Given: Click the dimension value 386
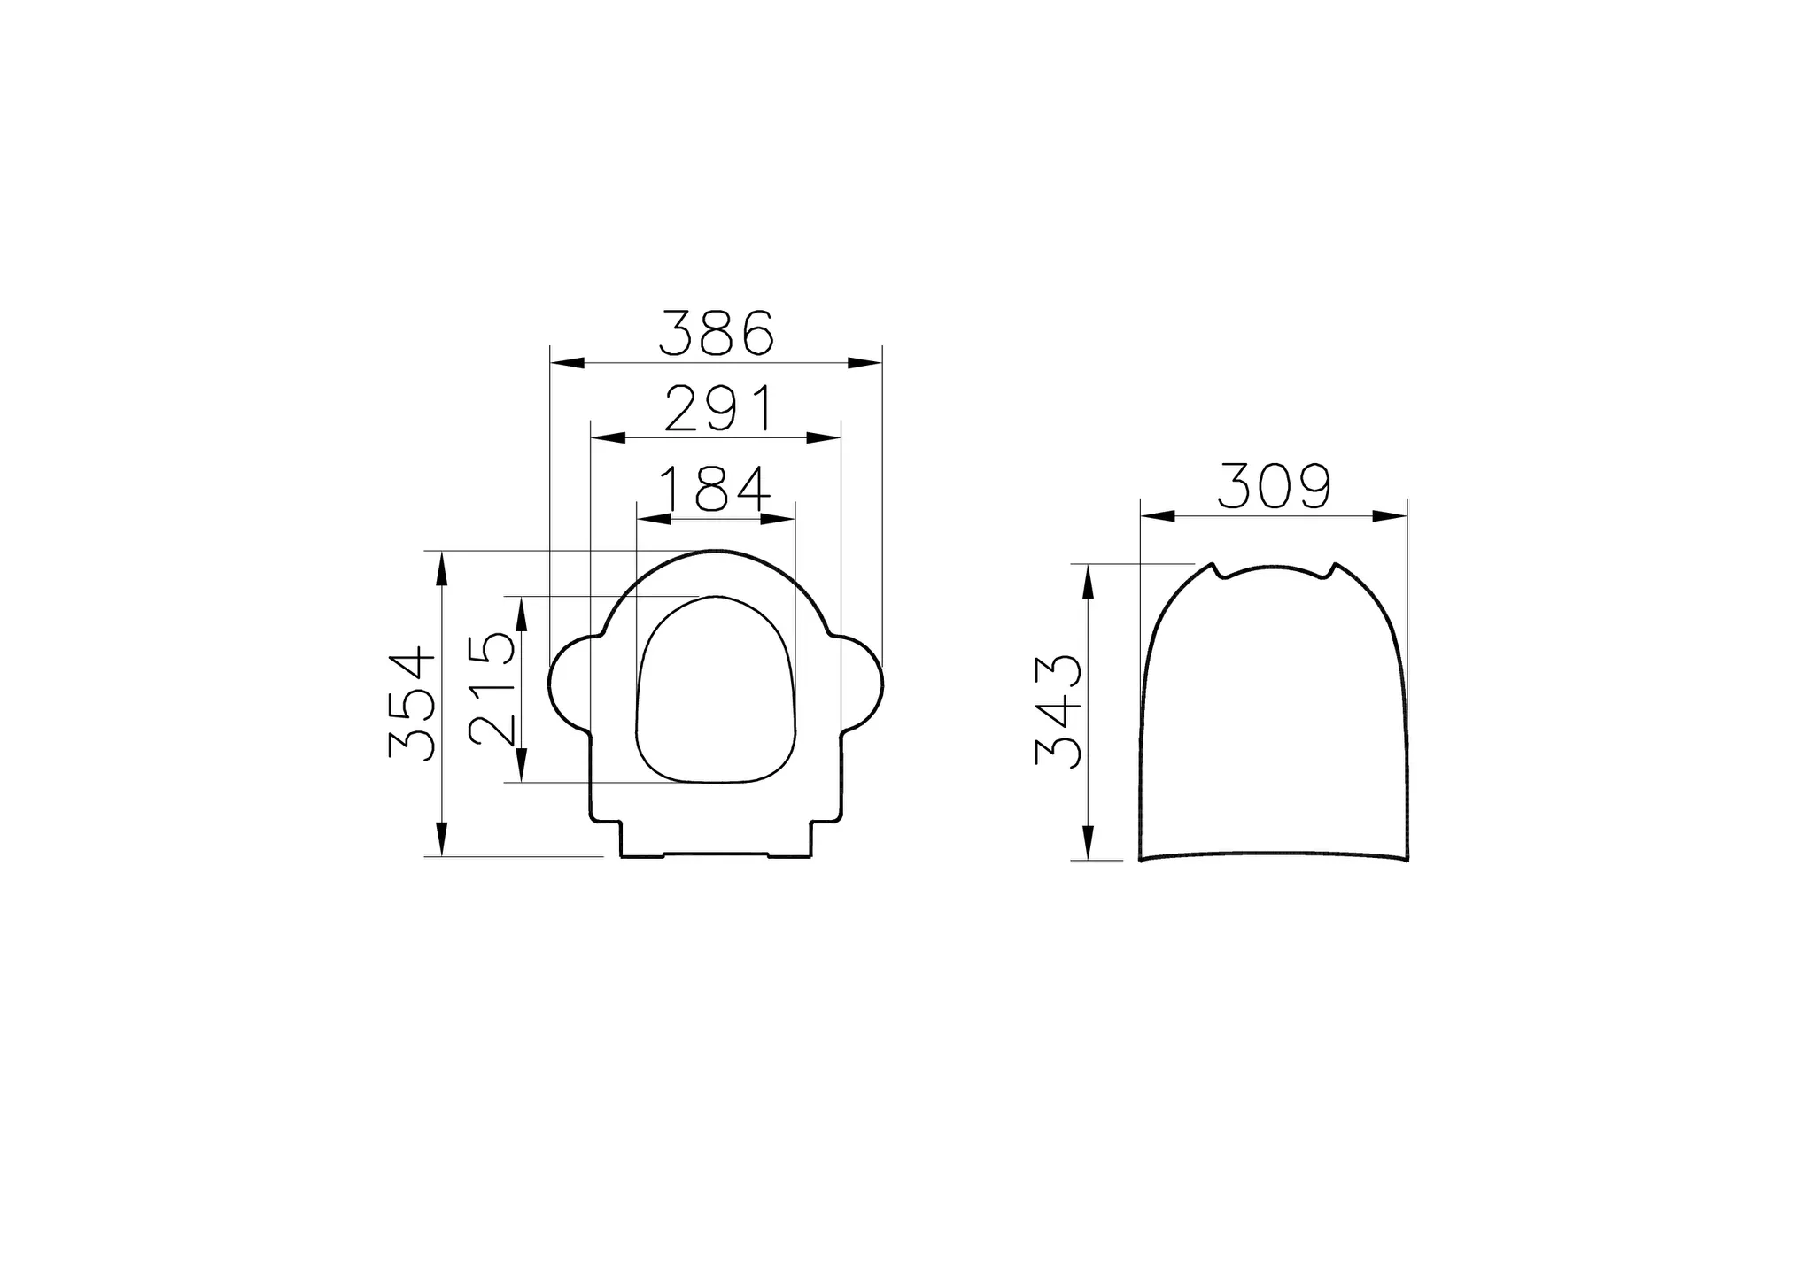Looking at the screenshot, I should pyautogui.click(x=717, y=333).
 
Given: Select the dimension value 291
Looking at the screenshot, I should pyautogui.click(x=719, y=409).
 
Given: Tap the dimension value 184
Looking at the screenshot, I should pyautogui.click(x=716, y=490).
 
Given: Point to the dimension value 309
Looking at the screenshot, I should pyautogui.click(x=1274, y=486).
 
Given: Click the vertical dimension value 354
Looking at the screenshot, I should pyautogui.click(x=413, y=704).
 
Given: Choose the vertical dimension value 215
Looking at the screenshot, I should pyautogui.click(x=492, y=688).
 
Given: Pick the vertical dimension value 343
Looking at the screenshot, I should pyautogui.click(x=1059, y=711).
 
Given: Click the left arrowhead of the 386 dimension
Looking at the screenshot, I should pyautogui.click(x=566, y=362).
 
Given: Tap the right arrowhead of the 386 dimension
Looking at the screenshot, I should pyautogui.click(x=865, y=362).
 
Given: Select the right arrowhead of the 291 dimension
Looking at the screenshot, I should pyautogui.click(x=823, y=437).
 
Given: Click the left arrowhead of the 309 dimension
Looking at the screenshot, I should pyautogui.click(x=1158, y=516).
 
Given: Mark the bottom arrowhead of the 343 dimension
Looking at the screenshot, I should pyautogui.click(x=1089, y=842).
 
